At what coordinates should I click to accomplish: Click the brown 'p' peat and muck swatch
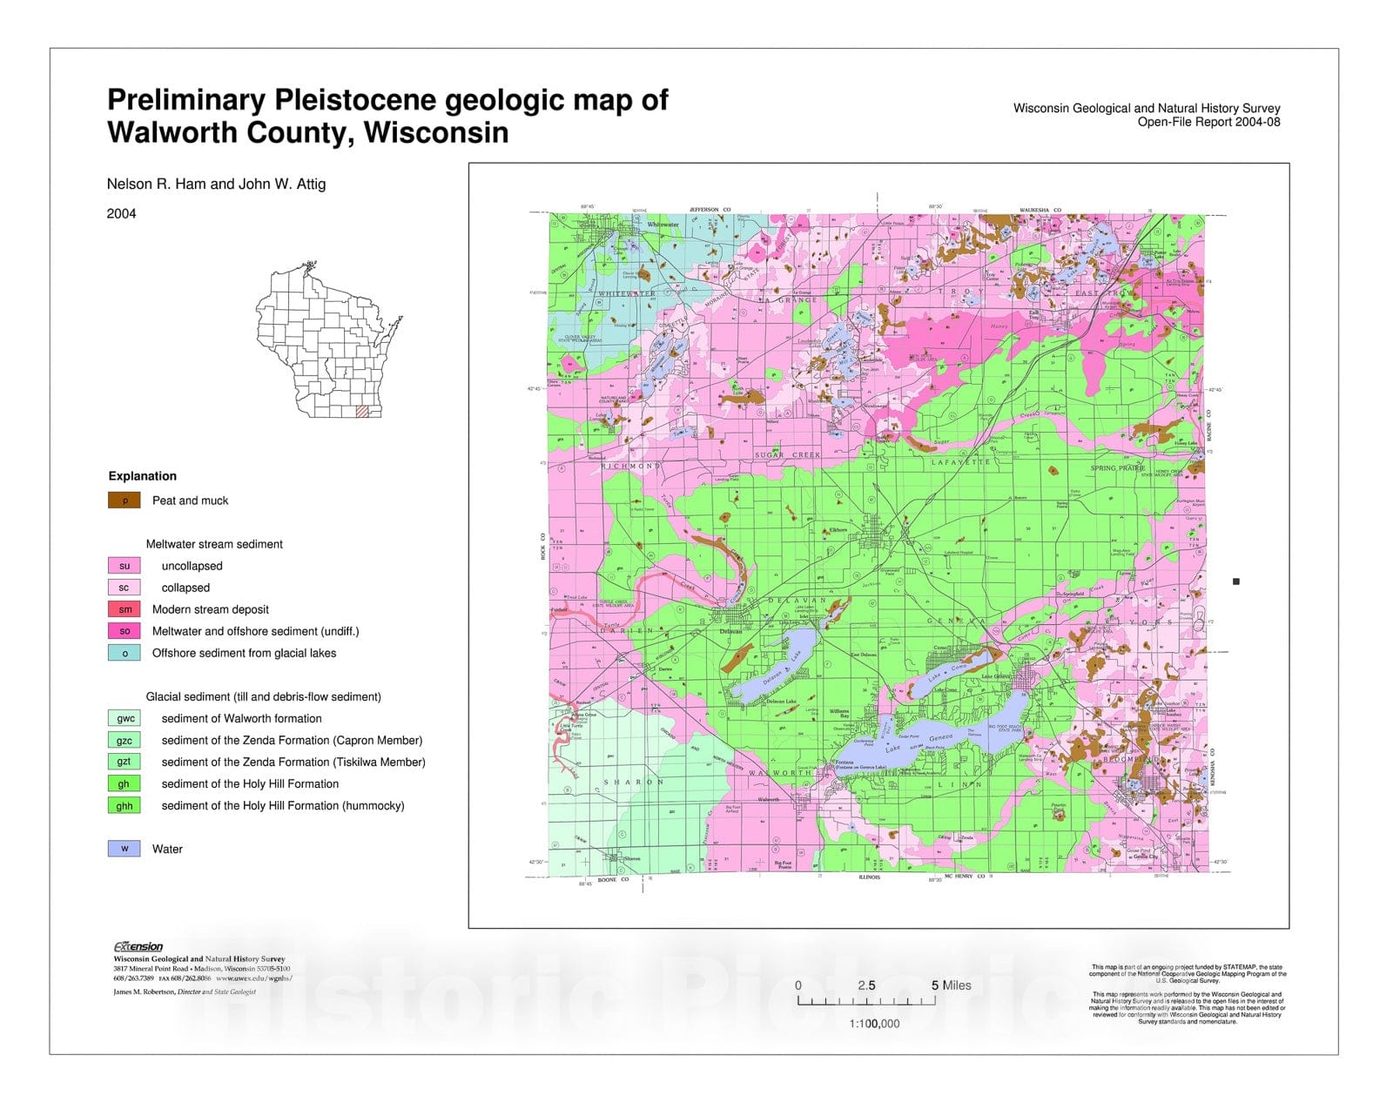click(x=124, y=501)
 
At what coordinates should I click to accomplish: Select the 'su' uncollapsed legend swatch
click(x=124, y=566)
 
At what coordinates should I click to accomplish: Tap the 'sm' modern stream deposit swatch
click(x=124, y=609)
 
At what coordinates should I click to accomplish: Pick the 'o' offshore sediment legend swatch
click(x=124, y=653)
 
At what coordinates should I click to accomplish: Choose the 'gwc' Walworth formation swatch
click(x=124, y=718)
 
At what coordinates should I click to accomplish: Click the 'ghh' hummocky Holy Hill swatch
click(x=124, y=805)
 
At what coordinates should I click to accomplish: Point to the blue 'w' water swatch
click(x=124, y=849)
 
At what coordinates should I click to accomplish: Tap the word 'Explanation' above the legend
click(x=142, y=476)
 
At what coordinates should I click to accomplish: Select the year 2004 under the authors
click(x=121, y=213)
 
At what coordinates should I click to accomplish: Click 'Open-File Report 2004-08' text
click(x=1208, y=122)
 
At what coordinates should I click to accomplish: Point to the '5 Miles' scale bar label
click(x=951, y=985)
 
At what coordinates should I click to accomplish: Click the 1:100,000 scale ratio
click(x=874, y=1024)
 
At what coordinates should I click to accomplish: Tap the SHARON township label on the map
click(x=634, y=782)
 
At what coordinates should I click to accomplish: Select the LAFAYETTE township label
click(x=961, y=462)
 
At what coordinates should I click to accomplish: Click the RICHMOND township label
click(x=630, y=466)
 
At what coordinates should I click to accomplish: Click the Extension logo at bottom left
click(x=138, y=947)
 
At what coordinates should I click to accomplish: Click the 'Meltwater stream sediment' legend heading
click(x=214, y=544)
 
